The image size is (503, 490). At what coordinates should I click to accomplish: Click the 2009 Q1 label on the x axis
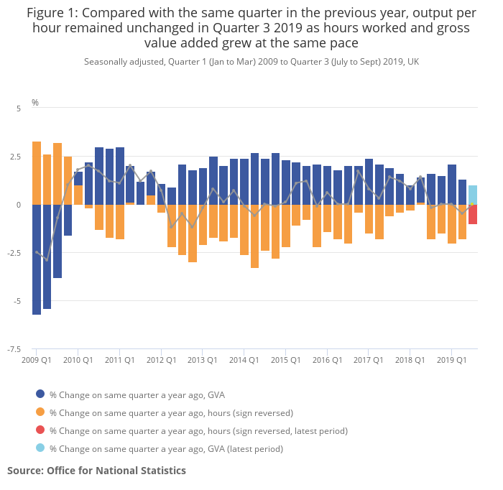pos(37,360)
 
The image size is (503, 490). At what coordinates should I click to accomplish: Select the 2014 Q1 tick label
pos(244,360)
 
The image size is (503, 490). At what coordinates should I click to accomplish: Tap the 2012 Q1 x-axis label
pos(161,360)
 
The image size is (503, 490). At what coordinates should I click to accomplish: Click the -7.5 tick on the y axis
pos(15,350)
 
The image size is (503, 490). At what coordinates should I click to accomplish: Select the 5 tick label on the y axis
pos(19,108)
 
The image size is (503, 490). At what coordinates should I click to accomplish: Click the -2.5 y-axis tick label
pos(15,254)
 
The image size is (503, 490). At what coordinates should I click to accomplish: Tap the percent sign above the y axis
pos(35,103)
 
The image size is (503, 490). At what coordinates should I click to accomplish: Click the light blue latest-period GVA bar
pos(473,195)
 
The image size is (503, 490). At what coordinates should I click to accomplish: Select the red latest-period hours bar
pos(473,214)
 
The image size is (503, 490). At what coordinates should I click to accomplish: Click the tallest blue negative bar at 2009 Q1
pos(37,259)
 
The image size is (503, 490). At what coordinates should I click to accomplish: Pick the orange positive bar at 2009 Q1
pos(37,173)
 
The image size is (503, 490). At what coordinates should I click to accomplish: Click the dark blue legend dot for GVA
pos(40,394)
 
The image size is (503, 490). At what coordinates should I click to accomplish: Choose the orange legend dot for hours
pos(40,412)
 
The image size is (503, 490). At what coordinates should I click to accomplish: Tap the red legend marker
pos(40,430)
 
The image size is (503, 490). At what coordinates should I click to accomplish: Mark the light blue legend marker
pos(40,448)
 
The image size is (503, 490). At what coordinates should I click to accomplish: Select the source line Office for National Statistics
pos(96,471)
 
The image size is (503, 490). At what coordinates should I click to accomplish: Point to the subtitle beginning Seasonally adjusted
pos(251,62)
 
